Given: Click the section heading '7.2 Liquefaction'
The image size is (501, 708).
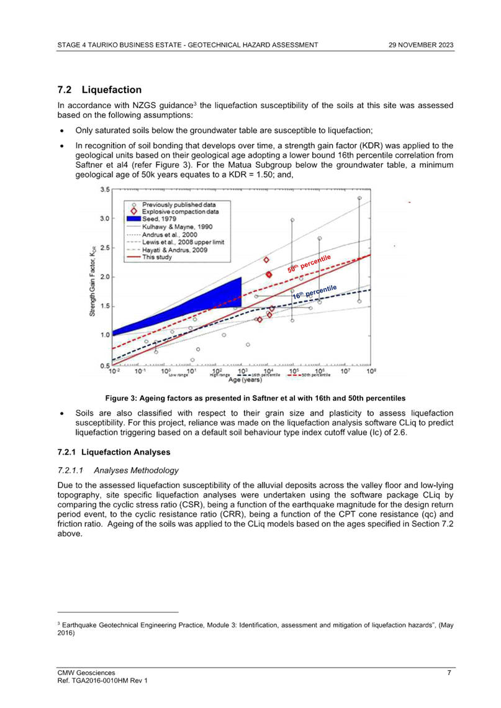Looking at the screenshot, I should point(99,90).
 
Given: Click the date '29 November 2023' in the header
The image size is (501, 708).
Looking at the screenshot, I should point(421,45).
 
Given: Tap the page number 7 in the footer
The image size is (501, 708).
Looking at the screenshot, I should point(449,673).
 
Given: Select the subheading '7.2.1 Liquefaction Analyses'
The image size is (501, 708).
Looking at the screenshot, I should point(114,452).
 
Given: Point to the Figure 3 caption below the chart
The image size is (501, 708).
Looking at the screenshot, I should point(255,397).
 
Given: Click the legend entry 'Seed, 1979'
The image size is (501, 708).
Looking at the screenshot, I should point(160,219).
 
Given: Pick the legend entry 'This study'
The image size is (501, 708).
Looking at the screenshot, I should point(156,256).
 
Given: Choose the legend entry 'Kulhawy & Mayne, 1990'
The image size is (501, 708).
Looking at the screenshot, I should point(178,227).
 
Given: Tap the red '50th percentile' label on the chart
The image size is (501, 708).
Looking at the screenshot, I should point(309,264).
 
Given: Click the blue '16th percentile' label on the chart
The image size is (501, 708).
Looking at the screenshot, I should point(315,292).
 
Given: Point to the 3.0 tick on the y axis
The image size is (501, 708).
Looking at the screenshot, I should point(106,219).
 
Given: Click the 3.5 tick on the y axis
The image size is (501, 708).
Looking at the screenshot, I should point(106,189).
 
